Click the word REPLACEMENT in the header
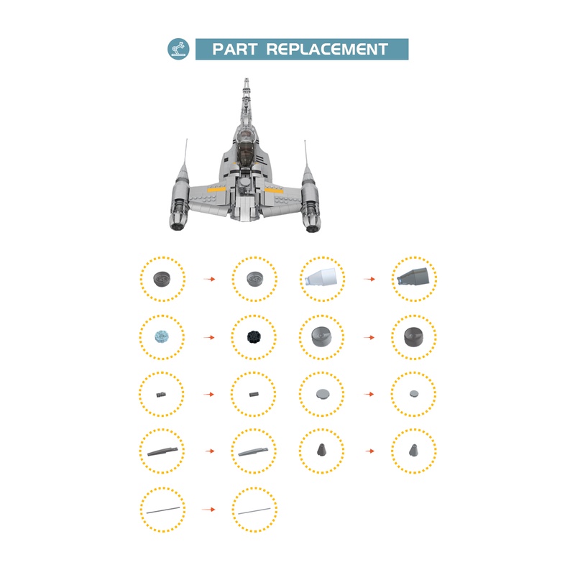[x=327, y=50]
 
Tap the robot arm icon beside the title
[x=178, y=49]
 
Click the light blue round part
[x=162, y=336]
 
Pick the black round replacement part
[x=254, y=336]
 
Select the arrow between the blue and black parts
[x=208, y=336]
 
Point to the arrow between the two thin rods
[x=208, y=509]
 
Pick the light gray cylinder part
[x=322, y=336]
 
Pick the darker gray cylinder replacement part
[x=414, y=336]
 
